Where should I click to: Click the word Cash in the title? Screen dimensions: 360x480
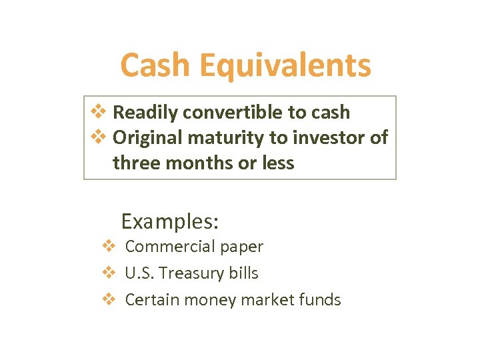click(154, 66)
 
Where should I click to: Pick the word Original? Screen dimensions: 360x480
click(144, 138)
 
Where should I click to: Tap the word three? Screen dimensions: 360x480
click(136, 163)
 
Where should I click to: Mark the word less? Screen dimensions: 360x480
click(277, 163)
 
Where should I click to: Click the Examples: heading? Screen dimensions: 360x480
click(171, 220)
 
